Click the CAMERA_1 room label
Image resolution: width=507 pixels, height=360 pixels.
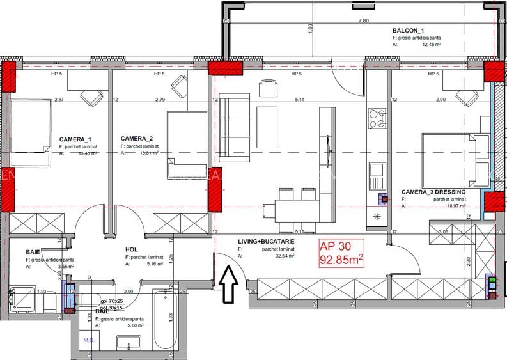pyautogui.click(x=75, y=139)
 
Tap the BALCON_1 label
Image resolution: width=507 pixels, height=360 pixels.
pyautogui.click(x=409, y=31)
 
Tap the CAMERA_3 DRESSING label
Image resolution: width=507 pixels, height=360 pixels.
pyautogui.click(x=433, y=192)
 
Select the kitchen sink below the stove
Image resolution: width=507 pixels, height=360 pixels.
pyautogui.click(x=376, y=171)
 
